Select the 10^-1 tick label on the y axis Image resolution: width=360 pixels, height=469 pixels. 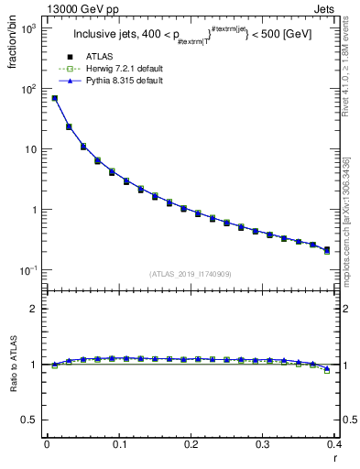click(30, 270)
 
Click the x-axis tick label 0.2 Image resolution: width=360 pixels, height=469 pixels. click(191, 443)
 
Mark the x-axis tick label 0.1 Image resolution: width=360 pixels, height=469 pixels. click(119, 443)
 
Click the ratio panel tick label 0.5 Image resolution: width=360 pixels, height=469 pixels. click(33, 420)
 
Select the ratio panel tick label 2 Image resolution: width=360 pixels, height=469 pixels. click(37, 309)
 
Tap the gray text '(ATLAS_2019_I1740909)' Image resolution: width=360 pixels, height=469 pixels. click(190, 274)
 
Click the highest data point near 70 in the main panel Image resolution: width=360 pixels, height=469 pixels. click(55, 98)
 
